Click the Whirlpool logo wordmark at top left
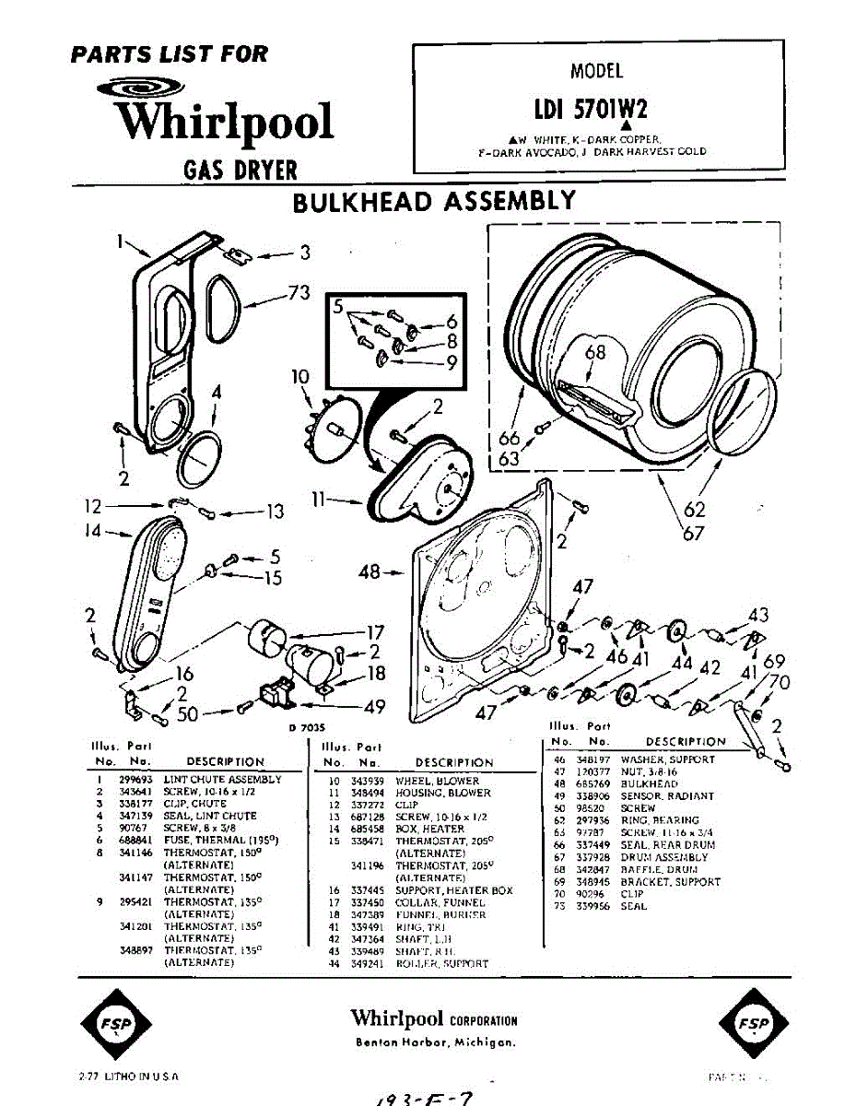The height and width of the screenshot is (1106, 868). (222, 120)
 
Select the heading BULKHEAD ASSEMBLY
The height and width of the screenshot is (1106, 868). (434, 201)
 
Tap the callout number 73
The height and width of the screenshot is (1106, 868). (298, 293)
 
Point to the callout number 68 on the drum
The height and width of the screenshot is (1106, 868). (595, 352)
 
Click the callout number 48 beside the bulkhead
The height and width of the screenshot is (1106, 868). (369, 571)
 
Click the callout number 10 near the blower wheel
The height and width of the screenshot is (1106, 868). (300, 376)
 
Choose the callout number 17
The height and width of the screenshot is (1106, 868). (375, 633)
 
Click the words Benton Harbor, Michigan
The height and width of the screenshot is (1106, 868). (434, 1041)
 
